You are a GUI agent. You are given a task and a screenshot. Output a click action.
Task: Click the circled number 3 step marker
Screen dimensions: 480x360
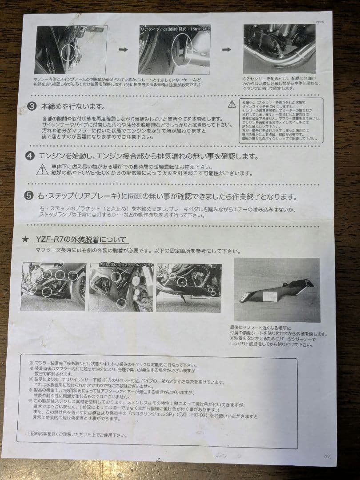[32, 107]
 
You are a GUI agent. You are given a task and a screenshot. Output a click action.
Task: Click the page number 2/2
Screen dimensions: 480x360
[327, 455]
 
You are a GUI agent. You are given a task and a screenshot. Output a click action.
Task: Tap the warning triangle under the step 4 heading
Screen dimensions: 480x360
[42, 169]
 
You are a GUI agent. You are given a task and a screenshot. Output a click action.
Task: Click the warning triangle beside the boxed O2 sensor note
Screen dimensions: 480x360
[232, 104]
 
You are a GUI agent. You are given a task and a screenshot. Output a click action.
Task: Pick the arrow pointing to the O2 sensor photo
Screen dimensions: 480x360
[226, 49]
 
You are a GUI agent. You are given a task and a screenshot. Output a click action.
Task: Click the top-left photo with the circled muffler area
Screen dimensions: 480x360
[70, 49]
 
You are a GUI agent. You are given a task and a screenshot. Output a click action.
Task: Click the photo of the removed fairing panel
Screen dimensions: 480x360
[276, 290]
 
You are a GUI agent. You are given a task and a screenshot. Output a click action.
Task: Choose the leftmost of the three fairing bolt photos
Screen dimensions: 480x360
[53, 286]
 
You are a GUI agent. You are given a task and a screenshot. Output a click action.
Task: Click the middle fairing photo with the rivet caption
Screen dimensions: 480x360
[121, 287]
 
